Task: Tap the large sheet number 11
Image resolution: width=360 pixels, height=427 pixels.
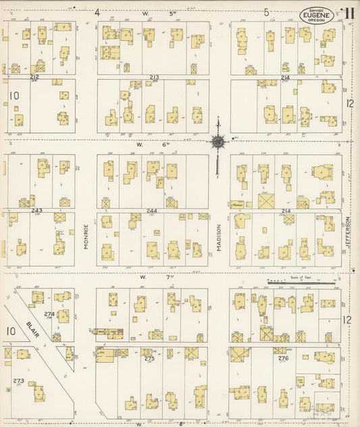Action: [x=349, y=14]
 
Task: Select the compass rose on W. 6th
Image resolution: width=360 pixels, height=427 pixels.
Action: [x=218, y=142]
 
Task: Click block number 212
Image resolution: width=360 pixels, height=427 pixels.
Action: [x=34, y=78]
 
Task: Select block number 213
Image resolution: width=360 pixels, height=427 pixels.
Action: [x=154, y=78]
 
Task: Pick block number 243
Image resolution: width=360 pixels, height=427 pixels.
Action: [x=36, y=210]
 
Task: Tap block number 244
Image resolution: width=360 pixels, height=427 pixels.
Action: [x=152, y=211]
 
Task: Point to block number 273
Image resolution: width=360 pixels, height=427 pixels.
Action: [x=18, y=381]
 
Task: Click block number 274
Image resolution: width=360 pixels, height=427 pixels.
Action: [x=49, y=314]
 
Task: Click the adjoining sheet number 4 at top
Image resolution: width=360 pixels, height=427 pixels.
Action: [x=97, y=12]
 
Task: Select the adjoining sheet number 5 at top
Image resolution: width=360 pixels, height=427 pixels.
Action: [x=267, y=12]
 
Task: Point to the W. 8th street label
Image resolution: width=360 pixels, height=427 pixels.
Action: [x=143, y=423]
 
